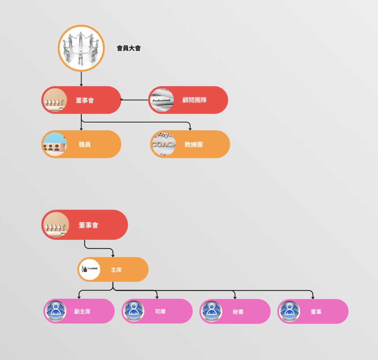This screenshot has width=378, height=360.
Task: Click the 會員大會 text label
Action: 128,48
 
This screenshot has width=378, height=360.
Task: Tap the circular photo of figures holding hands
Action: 81,48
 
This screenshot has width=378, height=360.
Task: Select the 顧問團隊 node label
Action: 194,100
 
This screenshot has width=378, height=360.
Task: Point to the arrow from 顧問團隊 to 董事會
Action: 134,100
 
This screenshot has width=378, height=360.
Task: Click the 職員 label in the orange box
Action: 85,145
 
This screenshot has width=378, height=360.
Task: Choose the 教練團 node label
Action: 193,145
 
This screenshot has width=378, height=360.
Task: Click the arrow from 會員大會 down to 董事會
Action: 81,79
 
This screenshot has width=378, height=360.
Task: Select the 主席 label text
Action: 116,270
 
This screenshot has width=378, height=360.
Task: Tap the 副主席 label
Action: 82,312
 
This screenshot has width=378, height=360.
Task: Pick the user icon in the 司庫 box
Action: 134,311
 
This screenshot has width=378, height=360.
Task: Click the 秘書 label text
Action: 238,312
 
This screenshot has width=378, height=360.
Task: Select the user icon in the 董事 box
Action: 289,311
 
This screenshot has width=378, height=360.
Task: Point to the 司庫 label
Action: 160,312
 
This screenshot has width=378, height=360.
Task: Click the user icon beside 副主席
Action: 56,311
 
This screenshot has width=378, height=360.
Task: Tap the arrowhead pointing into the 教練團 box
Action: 190,128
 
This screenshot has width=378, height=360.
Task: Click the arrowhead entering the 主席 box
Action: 113,255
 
